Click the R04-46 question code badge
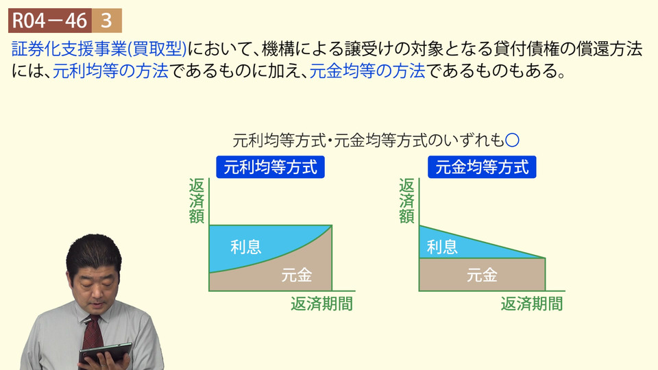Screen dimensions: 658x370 [x=50, y=21]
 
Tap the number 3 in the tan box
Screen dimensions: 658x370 [x=107, y=21]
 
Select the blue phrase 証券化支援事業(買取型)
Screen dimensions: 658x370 [x=99, y=49]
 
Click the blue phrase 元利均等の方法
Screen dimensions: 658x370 [x=111, y=71]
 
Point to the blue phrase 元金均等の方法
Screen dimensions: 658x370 [x=367, y=71]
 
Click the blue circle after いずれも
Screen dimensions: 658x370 [x=513, y=140]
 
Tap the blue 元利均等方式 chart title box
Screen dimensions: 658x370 [x=270, y=167]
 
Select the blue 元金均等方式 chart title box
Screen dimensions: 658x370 [x=482, y=167]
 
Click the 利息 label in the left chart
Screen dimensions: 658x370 [x=246, y=247]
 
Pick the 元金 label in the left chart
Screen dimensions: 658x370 [x=297, y=275]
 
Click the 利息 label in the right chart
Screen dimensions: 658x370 [x=442, y=247]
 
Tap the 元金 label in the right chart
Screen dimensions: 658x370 [x=482, y=275]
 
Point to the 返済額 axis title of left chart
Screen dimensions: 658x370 [x=197, y=201]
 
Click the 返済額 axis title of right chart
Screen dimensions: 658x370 [x=406, y=201]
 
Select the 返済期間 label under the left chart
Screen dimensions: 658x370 [x=322, y=304]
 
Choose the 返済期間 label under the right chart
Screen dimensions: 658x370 [x=532, y=304]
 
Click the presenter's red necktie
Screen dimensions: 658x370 [x=93, y=336]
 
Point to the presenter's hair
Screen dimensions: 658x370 [x=93, y=251]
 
